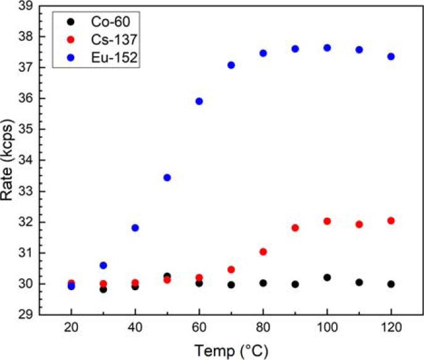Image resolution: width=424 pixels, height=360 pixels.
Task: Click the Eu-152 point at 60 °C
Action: tap(199, 101)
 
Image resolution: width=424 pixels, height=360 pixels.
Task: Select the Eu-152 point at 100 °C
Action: tap(327, 48)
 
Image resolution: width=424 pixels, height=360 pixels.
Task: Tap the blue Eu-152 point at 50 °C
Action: tap(167, 178)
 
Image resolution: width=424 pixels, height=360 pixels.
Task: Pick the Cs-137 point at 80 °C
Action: tap(263, 252)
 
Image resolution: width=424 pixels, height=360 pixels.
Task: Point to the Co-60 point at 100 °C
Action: tap(327, 278)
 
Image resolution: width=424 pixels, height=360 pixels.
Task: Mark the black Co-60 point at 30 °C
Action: tap(103, 289)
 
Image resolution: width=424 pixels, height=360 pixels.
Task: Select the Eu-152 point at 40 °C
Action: tap(135, 228)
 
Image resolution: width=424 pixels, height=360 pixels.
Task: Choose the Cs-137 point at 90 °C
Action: tap(295, 228)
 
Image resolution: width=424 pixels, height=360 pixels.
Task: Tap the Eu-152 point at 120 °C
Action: tap(391, 56)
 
